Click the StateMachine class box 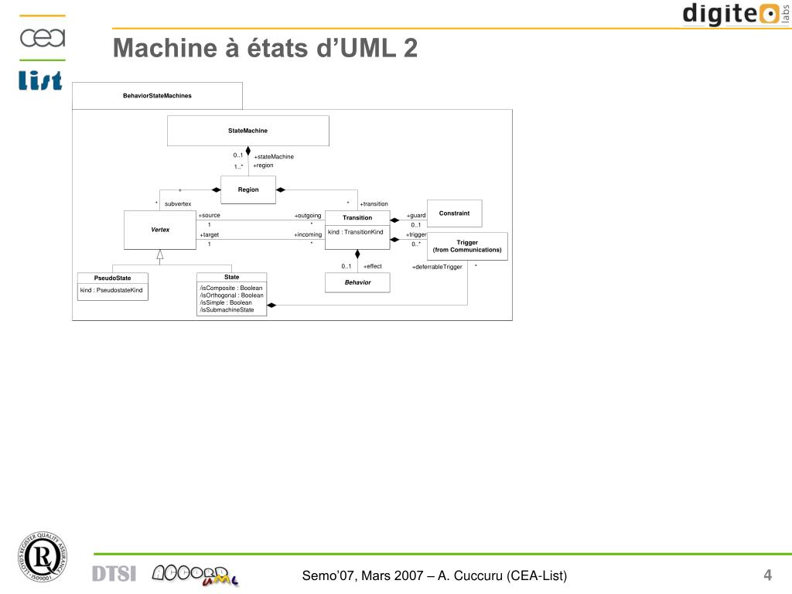(247, 131)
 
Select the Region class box (248, 189)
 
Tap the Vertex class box (160, 230)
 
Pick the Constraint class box (454, 213)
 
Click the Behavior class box (357, 282)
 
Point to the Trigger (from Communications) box (467, 246)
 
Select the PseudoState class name (113, 278)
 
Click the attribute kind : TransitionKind (356, 232)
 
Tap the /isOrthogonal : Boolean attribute (231, 295)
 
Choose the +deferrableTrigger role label (437, 267)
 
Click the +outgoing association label (308, 216)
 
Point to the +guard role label (416, 216)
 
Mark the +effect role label (372, 266)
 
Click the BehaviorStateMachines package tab (157, 96)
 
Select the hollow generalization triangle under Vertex (160, 254)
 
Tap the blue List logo (40, 80)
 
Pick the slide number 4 (767, 575)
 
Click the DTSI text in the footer (114, 574)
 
